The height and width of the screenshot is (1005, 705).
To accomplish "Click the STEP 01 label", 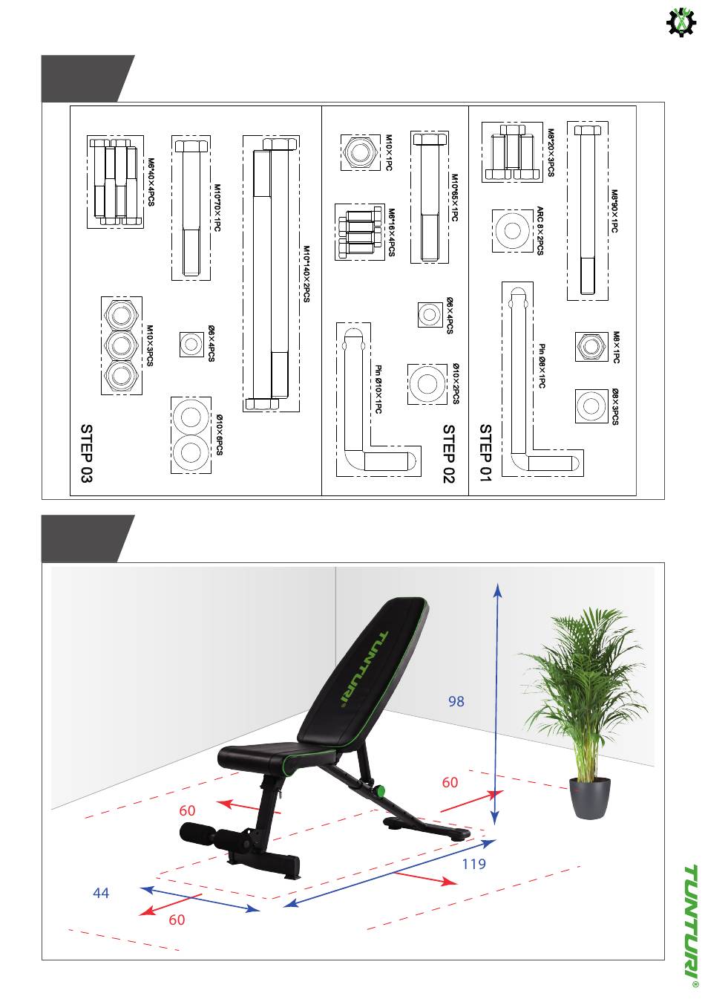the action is [x=486, y=453].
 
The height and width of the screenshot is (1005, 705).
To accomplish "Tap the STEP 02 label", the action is [x=448, y=453].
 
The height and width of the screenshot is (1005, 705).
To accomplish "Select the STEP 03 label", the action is [x=87, y=453].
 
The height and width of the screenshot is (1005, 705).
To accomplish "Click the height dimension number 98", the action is [x=456, y=700].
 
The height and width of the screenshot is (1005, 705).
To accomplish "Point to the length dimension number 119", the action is [x=473, y=864].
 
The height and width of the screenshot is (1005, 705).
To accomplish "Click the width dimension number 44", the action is [x=101, y=893].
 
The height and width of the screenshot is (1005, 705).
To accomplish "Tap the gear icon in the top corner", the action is [x=680, y=22].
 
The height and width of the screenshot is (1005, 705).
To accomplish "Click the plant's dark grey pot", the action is [x=591, y=797].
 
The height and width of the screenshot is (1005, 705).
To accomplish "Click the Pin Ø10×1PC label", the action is [x=378, y=389].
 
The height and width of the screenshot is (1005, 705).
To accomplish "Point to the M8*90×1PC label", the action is [x=614, y=211].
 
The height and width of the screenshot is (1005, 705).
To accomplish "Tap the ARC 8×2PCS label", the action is [x=540, y=230].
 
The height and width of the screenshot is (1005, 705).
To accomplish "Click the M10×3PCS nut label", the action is [x=149, y=345].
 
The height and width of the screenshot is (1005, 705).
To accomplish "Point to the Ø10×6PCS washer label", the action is [x=220, y=435].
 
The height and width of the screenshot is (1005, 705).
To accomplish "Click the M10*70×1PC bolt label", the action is [x=217, y=209].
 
